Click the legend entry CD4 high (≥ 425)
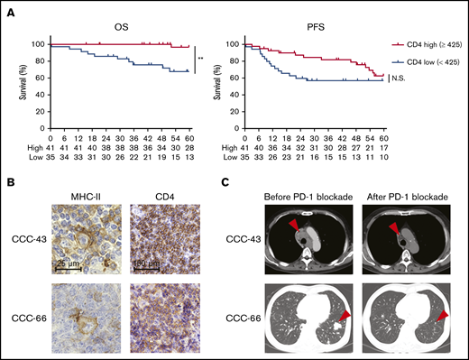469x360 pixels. (x=427, y=44)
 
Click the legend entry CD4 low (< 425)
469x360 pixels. (x=426, y=57)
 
